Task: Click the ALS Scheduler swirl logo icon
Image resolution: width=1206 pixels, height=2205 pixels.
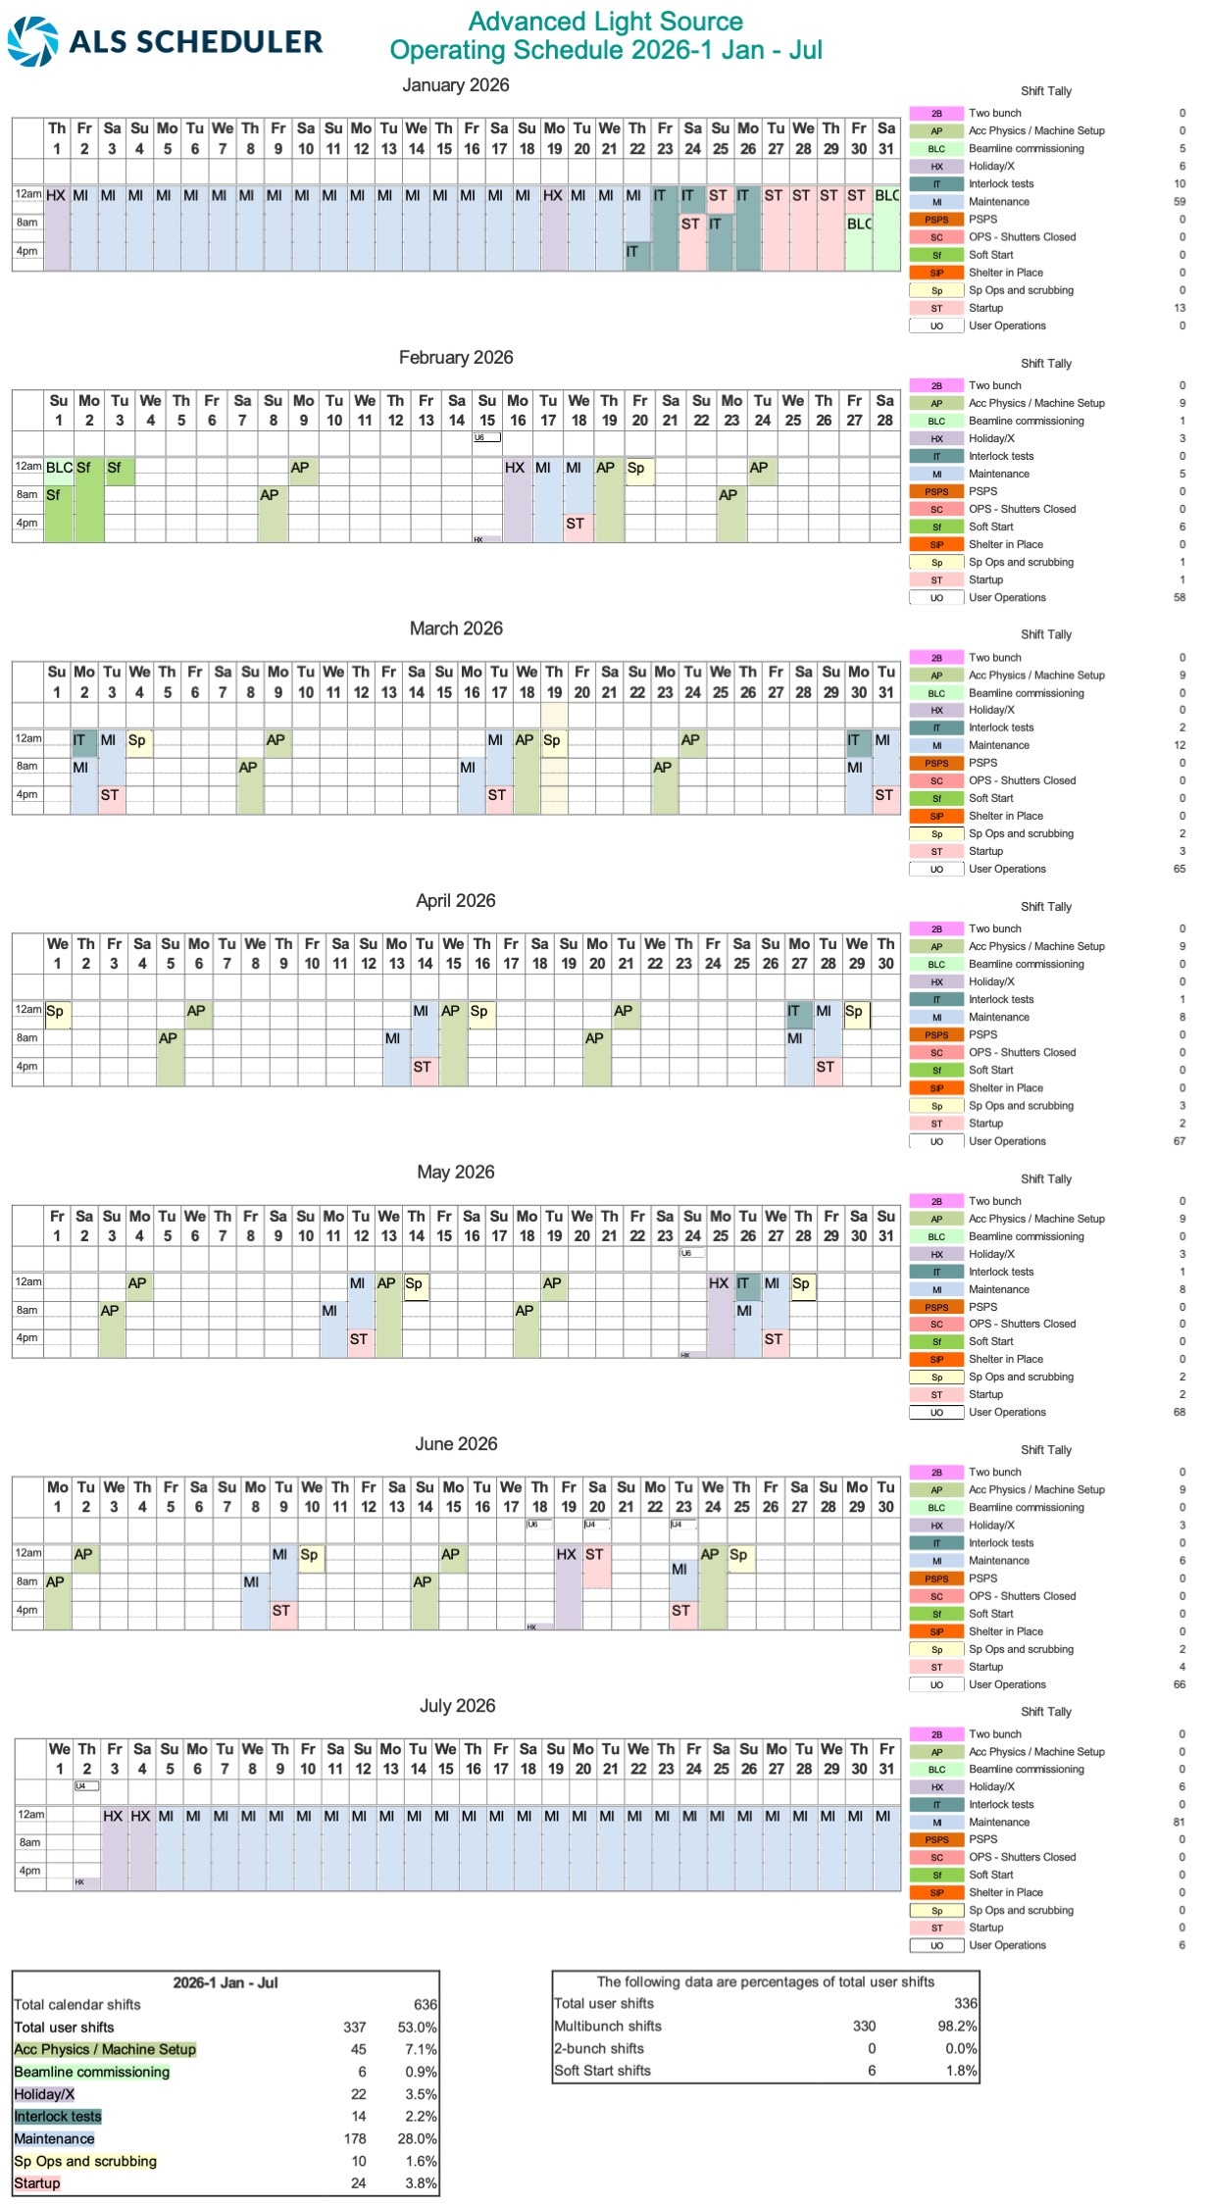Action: pyautogui.click(x=32, y=41)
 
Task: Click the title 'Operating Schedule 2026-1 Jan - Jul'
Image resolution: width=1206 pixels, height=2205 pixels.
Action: pyautogui.click(x=605, y=50)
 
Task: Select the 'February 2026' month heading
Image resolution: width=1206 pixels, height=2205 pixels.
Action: pyautogui.click(x=456, y=358)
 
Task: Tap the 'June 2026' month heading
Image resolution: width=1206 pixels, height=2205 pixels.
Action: pyautogui.click(x=456, y=1444)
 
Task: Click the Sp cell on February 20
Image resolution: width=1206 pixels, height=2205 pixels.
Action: pyautogui.click(x=638, y=469)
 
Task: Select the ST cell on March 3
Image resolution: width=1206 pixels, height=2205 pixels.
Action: pyautogui.click(x=110, y=795)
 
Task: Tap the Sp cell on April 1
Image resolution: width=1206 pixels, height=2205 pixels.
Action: pyautogui.click(x=57, y=1012)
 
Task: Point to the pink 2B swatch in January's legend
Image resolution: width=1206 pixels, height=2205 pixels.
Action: pyautogui.click(x=936, y=114)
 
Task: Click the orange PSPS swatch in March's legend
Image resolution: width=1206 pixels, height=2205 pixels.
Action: pyautogui.click(x=936, y=764)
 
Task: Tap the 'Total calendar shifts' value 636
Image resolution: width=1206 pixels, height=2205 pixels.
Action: pyautogui.click(x=425, y=2005)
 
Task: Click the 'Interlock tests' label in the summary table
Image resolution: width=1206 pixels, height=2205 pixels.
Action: pyautogui.click(x=58, y=2117)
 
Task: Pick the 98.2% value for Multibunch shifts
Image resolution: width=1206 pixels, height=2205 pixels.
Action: pyautogui.click(x=957, y=2027)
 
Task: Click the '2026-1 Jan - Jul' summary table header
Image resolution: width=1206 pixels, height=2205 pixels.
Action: pyautogui.click(x=226, y=1982)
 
